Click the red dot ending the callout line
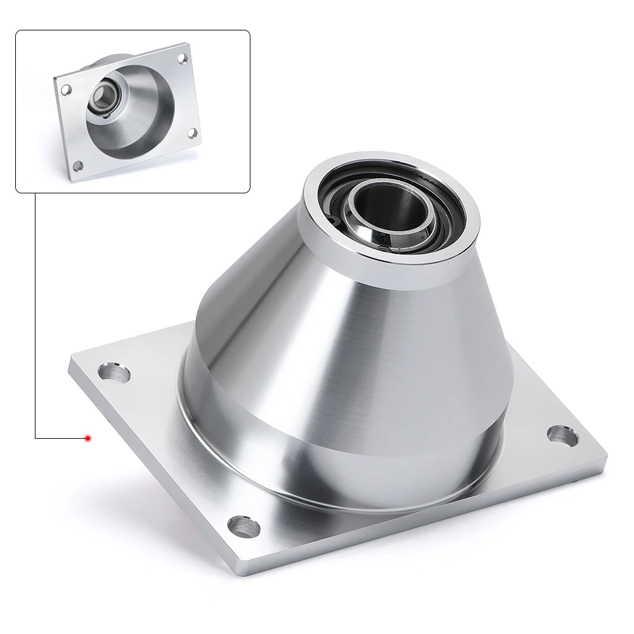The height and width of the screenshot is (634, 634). pyautogui.click(x=88, y=438)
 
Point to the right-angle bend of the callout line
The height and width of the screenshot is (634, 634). pyautogui.click(x=35, y=437)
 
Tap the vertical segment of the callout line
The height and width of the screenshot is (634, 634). pyautogui.click(x=35, y=317)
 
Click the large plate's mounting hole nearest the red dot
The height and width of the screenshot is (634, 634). pyautogui.click(x=114, y=373)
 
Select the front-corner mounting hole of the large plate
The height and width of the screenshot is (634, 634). pyautogui.click(x=243, y=526)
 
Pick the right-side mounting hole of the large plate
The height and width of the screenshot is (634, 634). pyautogui.click(x=562, y=435)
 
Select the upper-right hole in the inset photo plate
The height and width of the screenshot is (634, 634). pyautogui.click(x=183, y=58)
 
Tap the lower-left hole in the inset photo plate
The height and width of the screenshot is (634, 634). pyautogui.click(x=78, y=165)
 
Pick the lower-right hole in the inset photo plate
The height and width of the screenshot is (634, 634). pyautogui.click(x=191, y=134)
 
